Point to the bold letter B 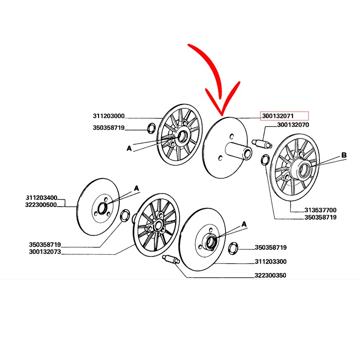(344, 156)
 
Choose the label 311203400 (41, 198)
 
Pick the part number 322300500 (41, 204)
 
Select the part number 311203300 (270, 261)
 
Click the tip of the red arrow (220, 114)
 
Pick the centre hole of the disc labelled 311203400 (102, 208)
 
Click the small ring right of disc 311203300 (233, 248)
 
